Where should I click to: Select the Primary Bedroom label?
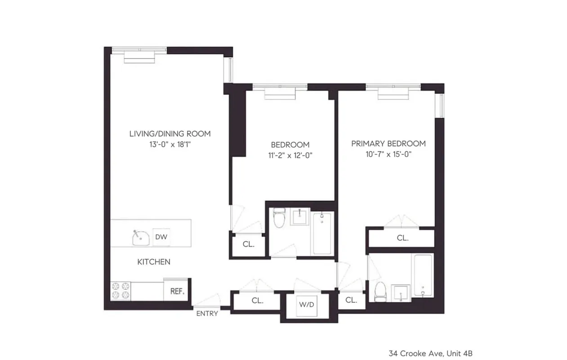pos(388,144)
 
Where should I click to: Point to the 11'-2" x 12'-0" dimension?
pos(290,156)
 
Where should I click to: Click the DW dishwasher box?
pos(161,237)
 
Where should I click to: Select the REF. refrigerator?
pos(177,291)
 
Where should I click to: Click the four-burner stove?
pos(121,290)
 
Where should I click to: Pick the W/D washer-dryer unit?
pos(306,304)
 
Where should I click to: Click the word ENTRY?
pos(207,313)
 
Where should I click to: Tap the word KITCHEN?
pos(154,261)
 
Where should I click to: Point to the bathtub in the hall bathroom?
pos(322,233)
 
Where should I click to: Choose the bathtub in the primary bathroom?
pos(423,275)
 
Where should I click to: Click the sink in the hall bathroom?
pos(299,217)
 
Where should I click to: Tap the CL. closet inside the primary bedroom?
pos(402,238)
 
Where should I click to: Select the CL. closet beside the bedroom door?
pos(248,245)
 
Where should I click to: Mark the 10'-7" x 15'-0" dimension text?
pos(388,155)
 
